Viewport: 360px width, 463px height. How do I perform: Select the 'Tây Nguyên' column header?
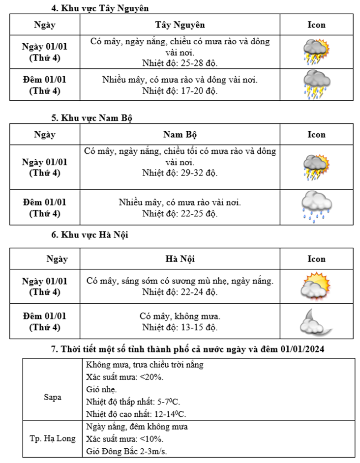[x=180, y=25]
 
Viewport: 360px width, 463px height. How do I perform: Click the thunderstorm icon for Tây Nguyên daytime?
[x=316, y=52]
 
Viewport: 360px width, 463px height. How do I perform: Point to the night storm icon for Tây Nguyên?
[x=316, y=85]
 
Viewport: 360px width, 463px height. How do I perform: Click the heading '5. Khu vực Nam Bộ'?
[x=92, y=118]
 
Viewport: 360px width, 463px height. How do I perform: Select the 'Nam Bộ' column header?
[x=180, y=134]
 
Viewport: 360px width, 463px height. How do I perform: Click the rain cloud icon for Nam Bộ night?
[x=316, y=206]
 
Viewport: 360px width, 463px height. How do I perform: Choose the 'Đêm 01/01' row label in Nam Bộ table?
[x=45, y=207]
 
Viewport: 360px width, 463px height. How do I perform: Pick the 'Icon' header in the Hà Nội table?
[x=316, y=259]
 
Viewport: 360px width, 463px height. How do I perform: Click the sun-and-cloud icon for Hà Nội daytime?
[x=316, y=287]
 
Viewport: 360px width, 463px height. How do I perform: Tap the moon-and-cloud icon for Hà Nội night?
[x=316, y=321]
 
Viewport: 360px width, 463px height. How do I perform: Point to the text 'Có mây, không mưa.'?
[x=180, y=316]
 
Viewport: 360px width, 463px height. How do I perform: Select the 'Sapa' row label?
[x=52, y=397]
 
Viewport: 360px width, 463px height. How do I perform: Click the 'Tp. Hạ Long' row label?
[x=52, y=438]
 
